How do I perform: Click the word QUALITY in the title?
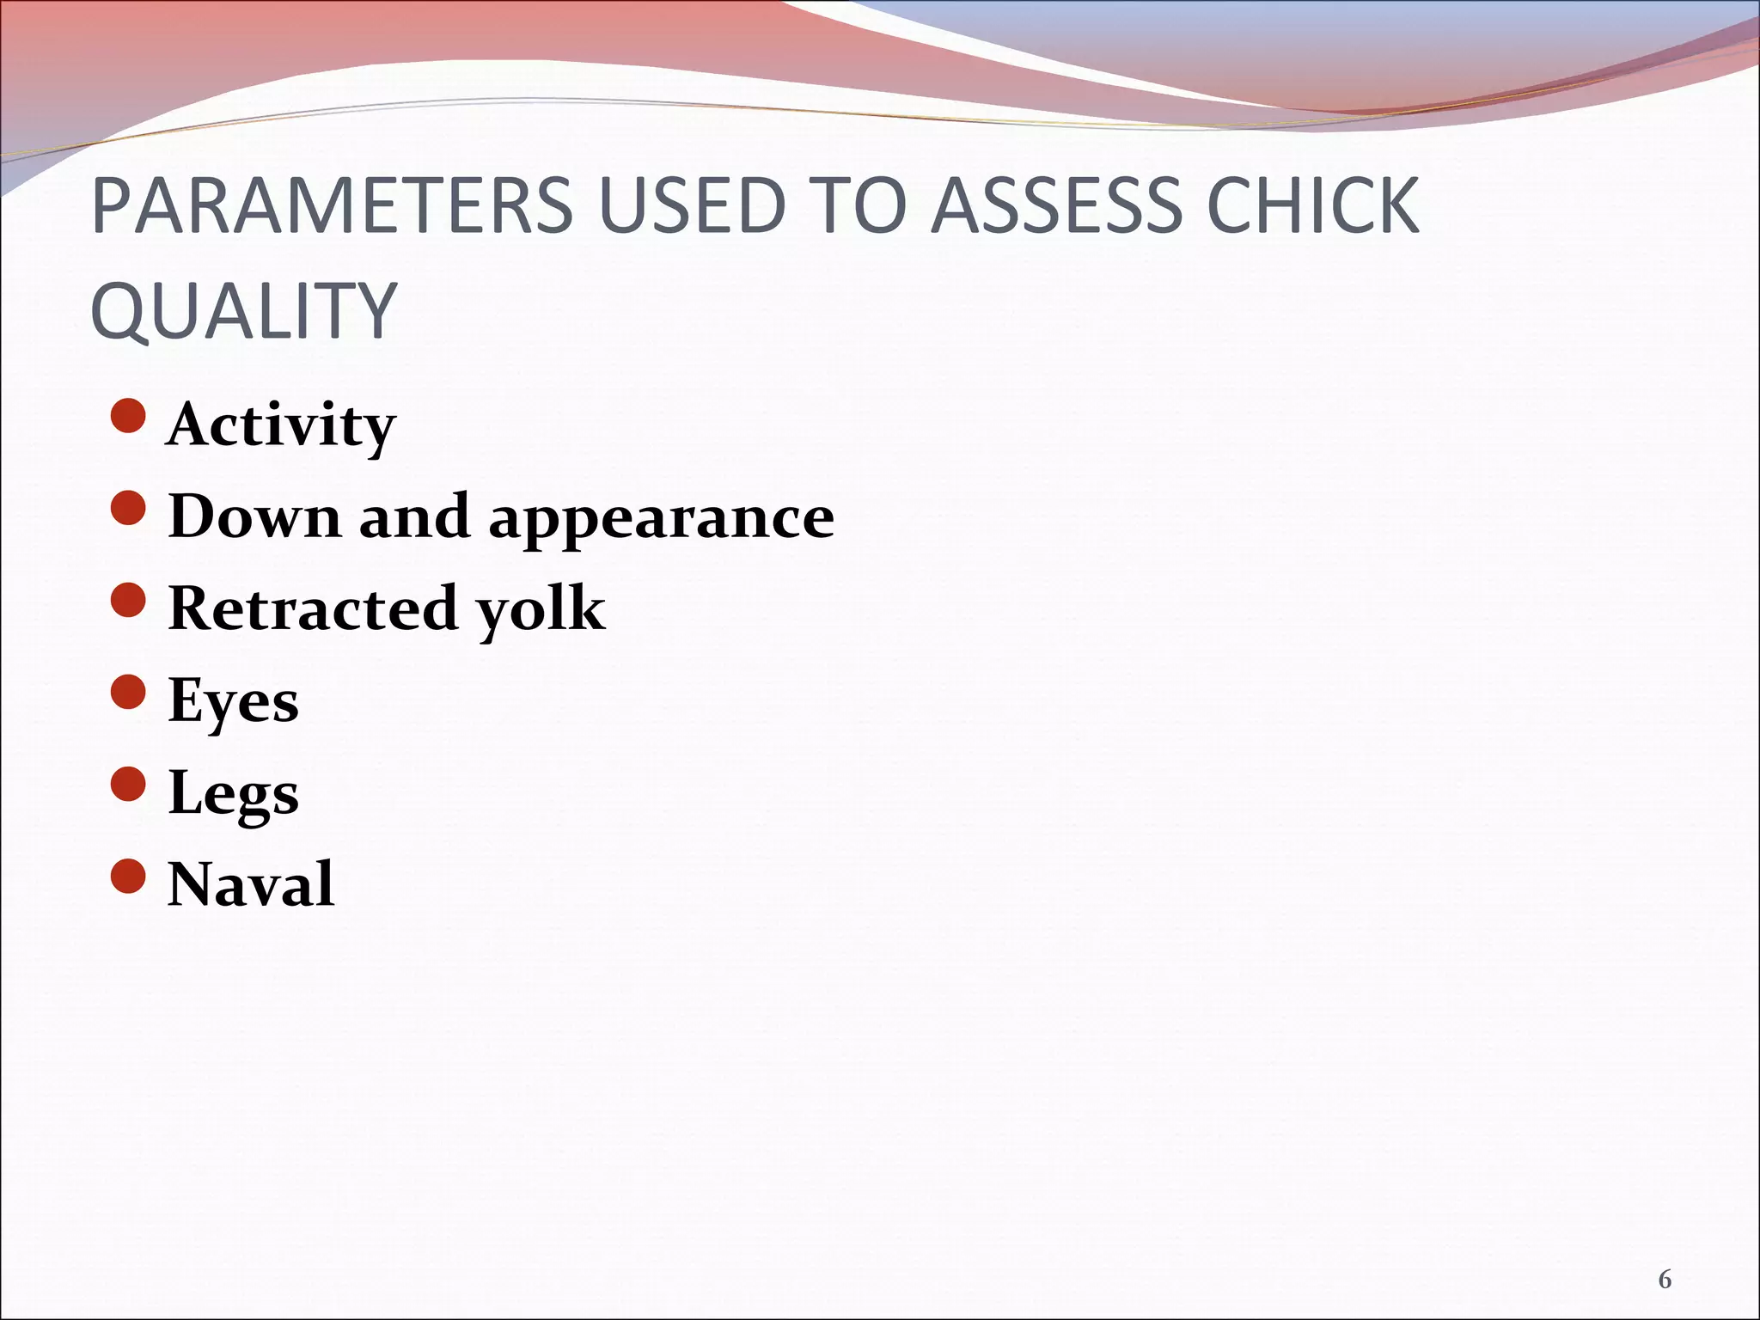(243, 310)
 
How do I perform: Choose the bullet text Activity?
(281, 425)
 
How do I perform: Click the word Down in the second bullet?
(254, 516)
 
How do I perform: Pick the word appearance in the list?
(661, 520)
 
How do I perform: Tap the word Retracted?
(313, 608)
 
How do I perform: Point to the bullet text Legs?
(233, 793)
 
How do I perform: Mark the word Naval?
(251, 884)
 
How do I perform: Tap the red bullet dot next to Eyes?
(129, 692)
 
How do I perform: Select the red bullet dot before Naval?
(129, 876)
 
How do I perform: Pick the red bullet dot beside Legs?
(129, 784)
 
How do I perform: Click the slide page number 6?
(1665, 1280)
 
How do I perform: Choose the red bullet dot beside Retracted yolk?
(129, 600)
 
